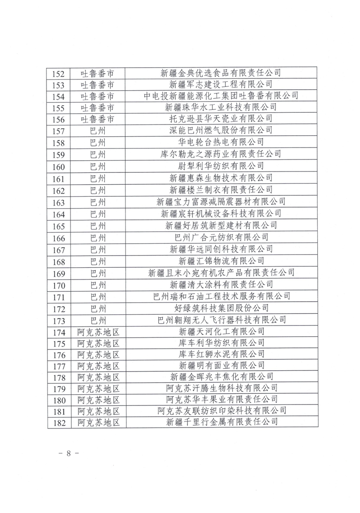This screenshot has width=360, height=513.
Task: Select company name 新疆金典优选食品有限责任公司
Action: click(221, 73)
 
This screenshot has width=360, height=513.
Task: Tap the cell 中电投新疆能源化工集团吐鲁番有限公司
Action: click(221, 96)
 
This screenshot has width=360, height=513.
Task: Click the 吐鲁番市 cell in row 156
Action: click(98, 119)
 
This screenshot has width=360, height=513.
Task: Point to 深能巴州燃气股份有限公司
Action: click(221, 130)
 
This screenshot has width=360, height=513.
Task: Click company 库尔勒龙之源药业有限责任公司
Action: click(221, 153)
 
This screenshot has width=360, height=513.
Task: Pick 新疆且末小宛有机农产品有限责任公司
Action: click(221, 272)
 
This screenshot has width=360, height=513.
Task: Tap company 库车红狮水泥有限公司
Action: click(221, 353)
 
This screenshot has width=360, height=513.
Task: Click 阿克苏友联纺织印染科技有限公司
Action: click(221, 411)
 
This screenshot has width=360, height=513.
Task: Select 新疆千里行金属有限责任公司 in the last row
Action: click(221, 422)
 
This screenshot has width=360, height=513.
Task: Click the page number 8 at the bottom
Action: click(68, 453)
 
